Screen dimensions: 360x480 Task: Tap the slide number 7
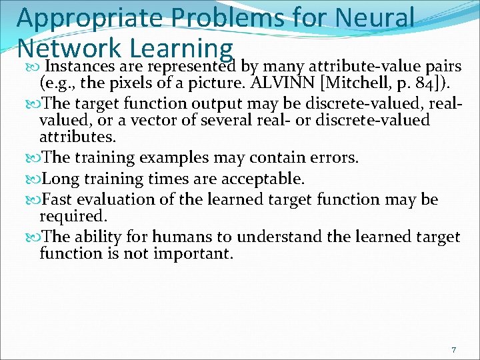(x=453, y=350)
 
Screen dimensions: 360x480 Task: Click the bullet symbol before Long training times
(x=35, y=179)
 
